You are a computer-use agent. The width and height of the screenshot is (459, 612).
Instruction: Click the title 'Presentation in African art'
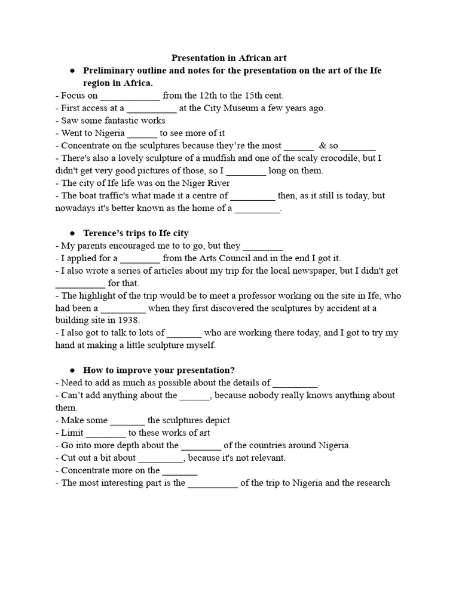[229, 58]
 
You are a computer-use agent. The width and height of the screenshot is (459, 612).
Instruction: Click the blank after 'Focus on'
[130, 96]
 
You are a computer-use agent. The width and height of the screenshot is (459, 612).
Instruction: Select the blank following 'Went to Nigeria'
[142, 133]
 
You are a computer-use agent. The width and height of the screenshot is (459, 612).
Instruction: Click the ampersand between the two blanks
[322, 146]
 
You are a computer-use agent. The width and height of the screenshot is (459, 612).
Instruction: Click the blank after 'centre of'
[253, 196]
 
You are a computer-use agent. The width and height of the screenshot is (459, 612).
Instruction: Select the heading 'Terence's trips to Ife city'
[136, 233]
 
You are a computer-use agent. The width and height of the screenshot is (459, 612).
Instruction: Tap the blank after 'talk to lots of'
[185, 333]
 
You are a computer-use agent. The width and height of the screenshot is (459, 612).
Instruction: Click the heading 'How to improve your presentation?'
[155, 371]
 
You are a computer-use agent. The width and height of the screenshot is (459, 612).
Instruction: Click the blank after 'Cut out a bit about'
[161, 458]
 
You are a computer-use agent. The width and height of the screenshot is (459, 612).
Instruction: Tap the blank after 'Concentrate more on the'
[180, 471]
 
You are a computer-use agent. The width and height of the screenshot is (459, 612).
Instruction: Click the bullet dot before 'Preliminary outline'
[72, 71]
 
